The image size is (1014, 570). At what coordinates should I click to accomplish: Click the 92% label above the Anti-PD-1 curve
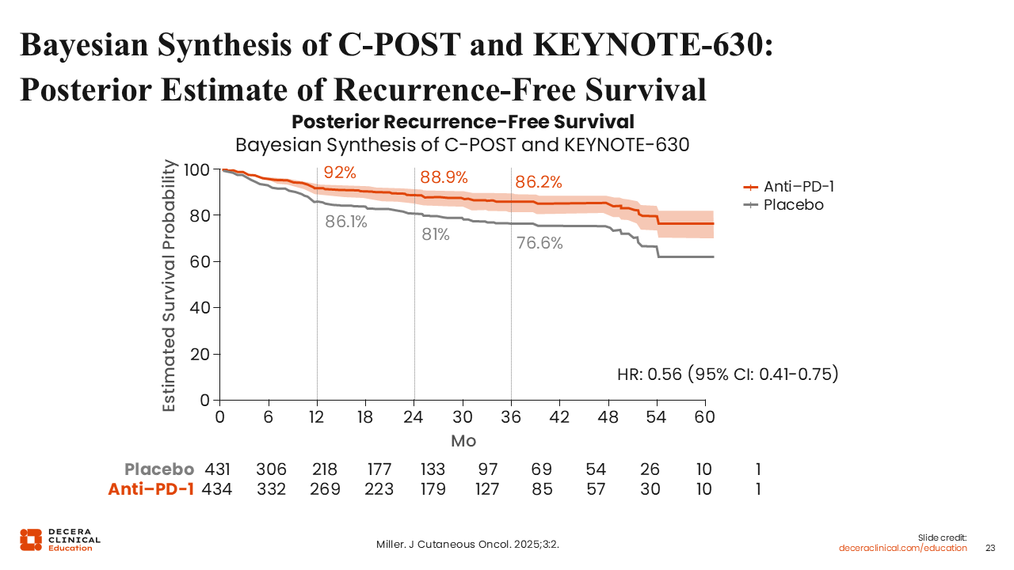pyautogui.click(x=340, y=173)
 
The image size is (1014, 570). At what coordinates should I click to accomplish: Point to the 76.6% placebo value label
pyautogui.click(x=539, y=244)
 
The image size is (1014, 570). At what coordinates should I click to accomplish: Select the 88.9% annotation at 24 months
pyautogui.click(x=444, y=177)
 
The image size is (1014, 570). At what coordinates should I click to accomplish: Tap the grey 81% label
pyautogui.click(x=435, y=234)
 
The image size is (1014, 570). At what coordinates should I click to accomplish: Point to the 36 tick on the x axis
pyautogui.click(x=511, y=417)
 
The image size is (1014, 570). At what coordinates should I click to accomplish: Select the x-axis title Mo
pyautogui.click(x=463, y=440)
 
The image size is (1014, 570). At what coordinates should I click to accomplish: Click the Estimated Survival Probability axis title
pyautogui.click(x=170, y=285)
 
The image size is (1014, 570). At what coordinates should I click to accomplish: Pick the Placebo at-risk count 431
pyautogui.click(x=218, y=469)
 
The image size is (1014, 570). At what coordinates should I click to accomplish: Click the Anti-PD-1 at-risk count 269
pyautogui.click(x=325, y=489)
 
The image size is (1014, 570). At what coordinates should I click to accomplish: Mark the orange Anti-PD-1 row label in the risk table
pyautogui.click(x=151, y=489)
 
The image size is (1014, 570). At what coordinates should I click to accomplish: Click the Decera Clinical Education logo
pyautogui.click(x=60, y=539)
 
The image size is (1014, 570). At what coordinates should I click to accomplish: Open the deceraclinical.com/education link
pyautogui.click(x=903, y=548)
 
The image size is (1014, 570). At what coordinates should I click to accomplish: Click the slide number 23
pyautogui.click(x=990, y=548)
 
